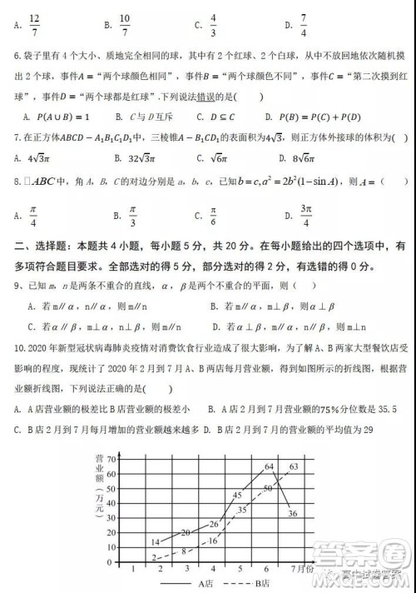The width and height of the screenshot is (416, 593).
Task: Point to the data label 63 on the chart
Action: point(294,466)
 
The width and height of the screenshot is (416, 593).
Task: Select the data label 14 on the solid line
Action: point(155,542)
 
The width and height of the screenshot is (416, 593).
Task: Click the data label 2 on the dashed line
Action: point(154,557)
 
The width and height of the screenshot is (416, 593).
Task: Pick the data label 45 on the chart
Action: point(236,496)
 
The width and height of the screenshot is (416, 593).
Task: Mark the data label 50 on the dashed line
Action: point(267,488)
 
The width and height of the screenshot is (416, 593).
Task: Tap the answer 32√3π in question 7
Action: point(130,156)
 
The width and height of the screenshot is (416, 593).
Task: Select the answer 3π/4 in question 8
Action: point(305,216)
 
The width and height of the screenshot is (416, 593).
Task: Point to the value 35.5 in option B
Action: point(388,408)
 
